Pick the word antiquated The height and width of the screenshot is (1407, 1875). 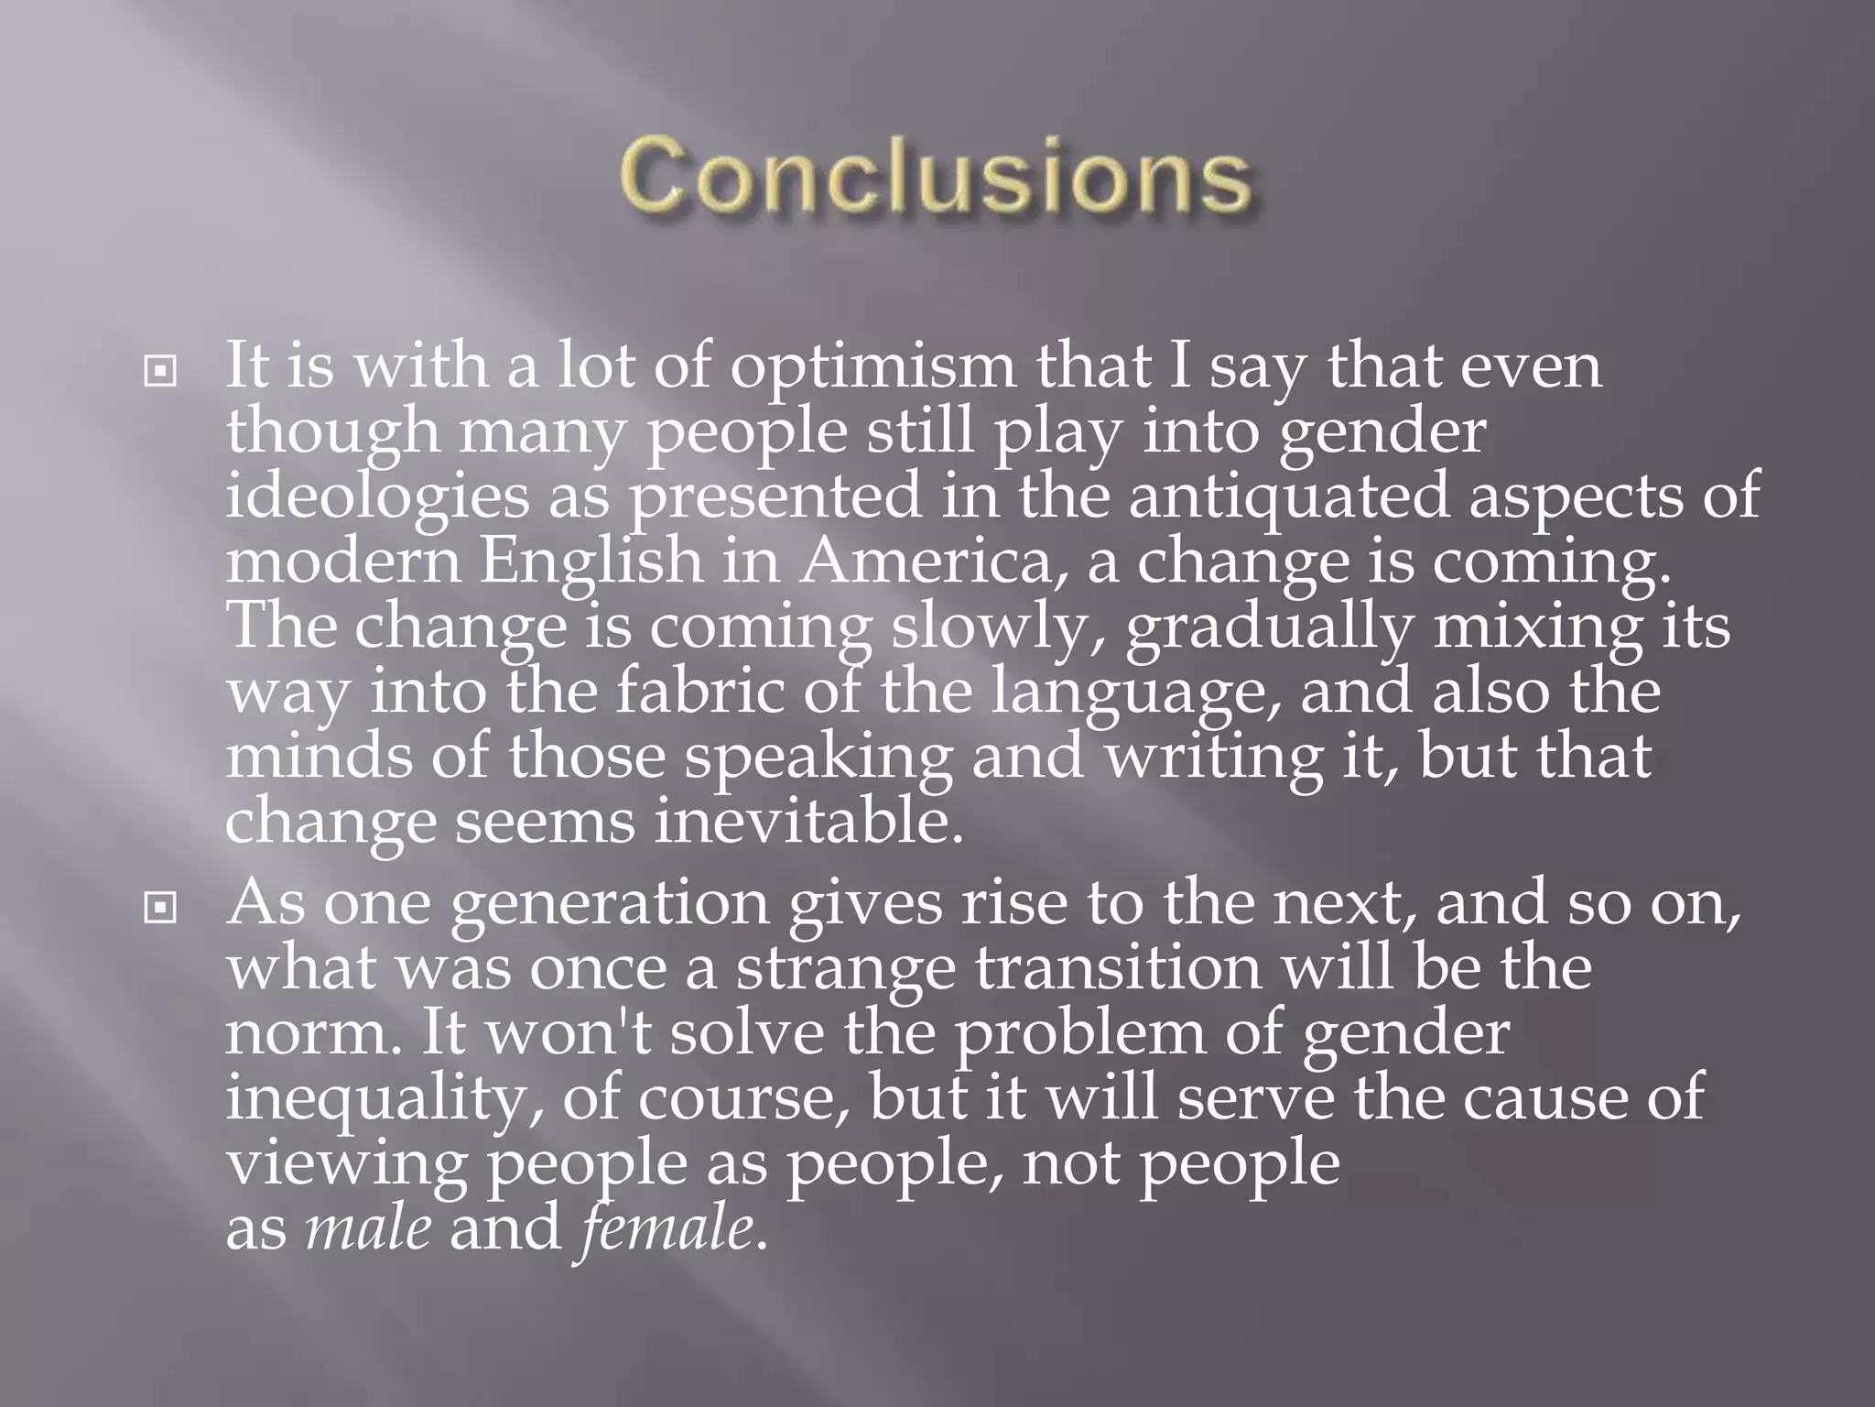tap(1289, 498)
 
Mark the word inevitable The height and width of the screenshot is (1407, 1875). tap(808, 823)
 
